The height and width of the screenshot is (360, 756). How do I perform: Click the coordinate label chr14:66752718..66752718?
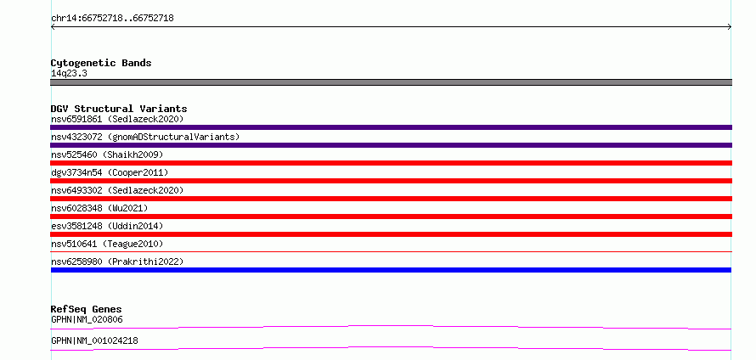[112, 19]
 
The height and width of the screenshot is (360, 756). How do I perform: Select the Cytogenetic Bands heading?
[101, 63]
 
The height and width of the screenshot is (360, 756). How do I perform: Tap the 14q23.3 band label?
[69, 74]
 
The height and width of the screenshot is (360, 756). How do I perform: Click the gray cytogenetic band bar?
[391, 82]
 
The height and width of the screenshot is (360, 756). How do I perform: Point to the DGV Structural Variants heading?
[119, 109]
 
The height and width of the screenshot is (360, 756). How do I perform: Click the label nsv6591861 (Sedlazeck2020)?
[117, 119]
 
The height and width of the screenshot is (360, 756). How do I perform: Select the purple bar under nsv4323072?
[391, 145]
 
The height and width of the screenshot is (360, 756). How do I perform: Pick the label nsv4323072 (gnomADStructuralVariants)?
[145, 137]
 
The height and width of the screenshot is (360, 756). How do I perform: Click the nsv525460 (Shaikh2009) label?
[107, 155]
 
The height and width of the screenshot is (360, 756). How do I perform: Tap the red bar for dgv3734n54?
[391, 181]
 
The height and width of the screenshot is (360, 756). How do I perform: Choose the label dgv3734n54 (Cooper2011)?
[110, 172]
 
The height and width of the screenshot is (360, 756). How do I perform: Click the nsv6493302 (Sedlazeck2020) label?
[117, 190]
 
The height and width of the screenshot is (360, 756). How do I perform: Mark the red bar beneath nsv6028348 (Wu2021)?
[391, 217]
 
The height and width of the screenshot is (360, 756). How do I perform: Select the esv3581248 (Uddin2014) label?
[107, 226]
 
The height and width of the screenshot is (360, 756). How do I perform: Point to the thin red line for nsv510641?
[391, 251]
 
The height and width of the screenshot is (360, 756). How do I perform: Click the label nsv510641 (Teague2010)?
[107, 244]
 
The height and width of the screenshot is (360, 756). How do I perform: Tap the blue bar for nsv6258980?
[391, 270]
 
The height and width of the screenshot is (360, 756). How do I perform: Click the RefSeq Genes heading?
[87, 309]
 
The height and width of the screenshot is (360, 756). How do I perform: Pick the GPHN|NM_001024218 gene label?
[94, 340]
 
